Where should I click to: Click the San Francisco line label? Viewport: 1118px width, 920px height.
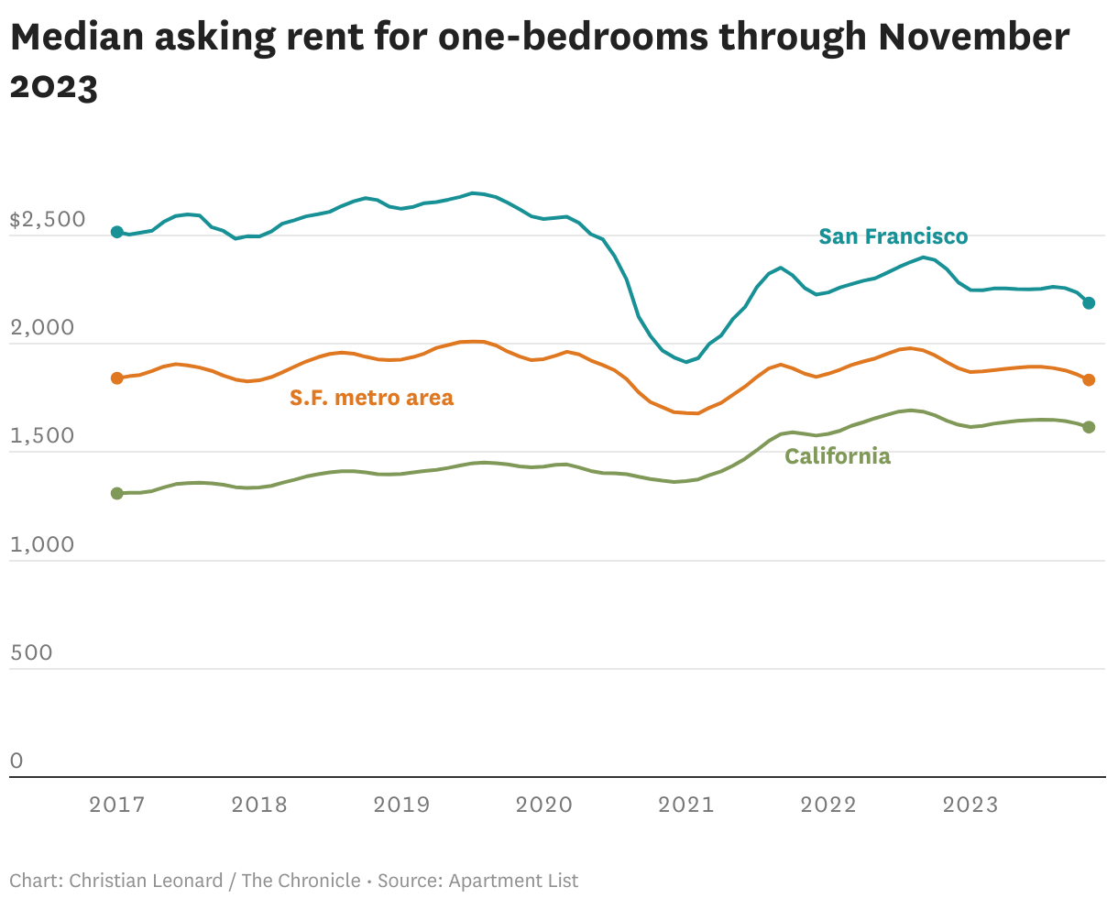tap(893, 236)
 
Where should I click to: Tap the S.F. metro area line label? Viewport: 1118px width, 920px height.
tap(371, 398)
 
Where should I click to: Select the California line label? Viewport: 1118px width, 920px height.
tap(838, 456)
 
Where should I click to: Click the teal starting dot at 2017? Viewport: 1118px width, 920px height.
tap(116, 232)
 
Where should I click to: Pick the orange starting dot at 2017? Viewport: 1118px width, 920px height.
tap(116, 378)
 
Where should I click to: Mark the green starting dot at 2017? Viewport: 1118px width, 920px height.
tap(116, 493)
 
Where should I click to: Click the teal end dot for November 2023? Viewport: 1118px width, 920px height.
tap(1089, 302)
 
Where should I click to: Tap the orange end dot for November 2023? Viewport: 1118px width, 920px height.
tap(1089, 379)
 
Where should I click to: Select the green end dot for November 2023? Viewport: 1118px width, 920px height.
tap(1089, 427)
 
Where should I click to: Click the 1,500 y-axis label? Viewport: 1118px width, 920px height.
tap(42, 436)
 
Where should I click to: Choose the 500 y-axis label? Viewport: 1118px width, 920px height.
tap(31, 652)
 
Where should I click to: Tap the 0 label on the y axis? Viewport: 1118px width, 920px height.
tap(16, 761)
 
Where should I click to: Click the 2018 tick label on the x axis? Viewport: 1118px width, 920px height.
tap(259, 805)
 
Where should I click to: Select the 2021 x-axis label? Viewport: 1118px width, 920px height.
tap(686, 805)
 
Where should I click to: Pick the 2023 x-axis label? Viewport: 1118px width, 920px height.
tap(970, 805)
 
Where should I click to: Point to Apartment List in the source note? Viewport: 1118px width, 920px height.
tap(513, 881)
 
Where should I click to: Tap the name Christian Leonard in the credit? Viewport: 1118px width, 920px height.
tap(146, 881)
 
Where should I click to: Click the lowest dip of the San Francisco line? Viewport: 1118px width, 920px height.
tap(685, 362)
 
